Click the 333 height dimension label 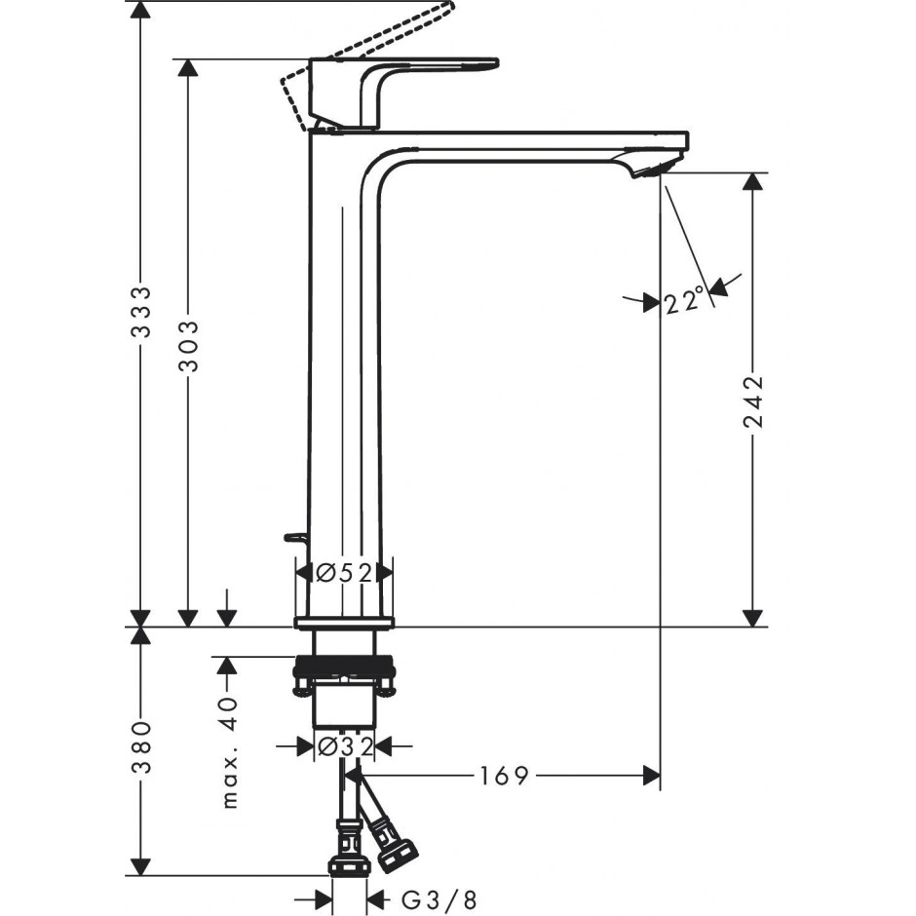[x=140, y=312]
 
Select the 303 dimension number [x=188, y=346]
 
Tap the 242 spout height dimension [x=753, y=401]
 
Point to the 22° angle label [x=683, y=301]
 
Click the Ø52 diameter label [x=343, y=574]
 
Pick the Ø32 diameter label [x=344, y=746]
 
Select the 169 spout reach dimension [x=504, y=776]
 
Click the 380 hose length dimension [x=140, y=747]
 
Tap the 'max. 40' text [x=231, y=752]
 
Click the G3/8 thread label [x=439, y=900]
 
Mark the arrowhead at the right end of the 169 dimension [x=651, y=776]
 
